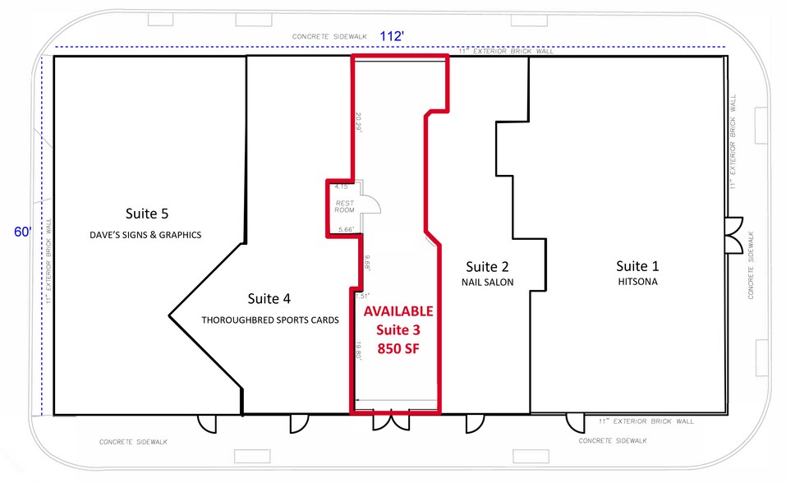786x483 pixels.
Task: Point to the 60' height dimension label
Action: click(22, 232)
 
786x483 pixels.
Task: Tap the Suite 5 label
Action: click(147, 214)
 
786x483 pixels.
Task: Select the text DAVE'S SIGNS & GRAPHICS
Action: click(145, 235)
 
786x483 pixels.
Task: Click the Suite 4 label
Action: click(269, 299)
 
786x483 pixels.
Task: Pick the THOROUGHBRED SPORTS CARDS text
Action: click(270, 320)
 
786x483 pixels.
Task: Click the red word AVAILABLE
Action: click(398, 312)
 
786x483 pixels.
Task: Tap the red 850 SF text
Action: click(398, 347)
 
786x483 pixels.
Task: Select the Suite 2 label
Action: click(487, 266)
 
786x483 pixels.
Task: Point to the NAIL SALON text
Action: click(488, 283)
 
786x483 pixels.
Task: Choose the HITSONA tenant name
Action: click(637, 282)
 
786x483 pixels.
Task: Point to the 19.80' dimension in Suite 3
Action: click(358, 351)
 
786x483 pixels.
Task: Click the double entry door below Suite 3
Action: click(391, 422)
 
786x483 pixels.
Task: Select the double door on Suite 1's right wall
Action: click(734, 235)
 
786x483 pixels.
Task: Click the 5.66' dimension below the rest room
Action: click(346, 230)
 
